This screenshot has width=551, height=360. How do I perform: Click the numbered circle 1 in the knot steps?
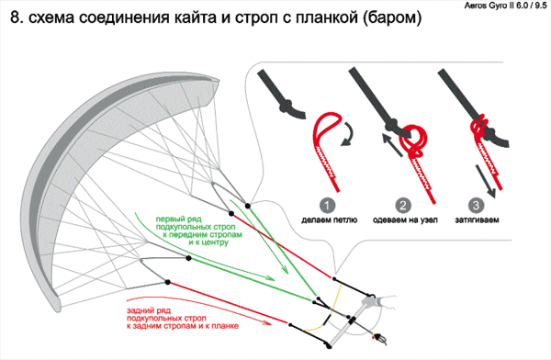point(327,206)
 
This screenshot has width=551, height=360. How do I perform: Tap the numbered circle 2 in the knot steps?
point(403,206)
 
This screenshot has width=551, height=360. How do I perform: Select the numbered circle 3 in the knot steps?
point(476,206)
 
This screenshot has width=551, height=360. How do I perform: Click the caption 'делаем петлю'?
point(330,220)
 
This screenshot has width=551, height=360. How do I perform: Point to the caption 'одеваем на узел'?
point(405,220)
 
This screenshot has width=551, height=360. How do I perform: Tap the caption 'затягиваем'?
point(477,220)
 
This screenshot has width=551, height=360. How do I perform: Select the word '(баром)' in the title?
point(392,18)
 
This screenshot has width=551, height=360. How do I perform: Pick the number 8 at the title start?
point(15,17)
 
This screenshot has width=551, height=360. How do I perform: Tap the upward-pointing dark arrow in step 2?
point(392,144)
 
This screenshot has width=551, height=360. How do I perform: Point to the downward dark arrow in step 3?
point(486,182)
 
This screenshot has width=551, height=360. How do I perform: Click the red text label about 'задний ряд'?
point(183,318)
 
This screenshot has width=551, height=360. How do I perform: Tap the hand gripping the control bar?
point(381,302)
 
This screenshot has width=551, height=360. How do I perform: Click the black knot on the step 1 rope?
point(287,107)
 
